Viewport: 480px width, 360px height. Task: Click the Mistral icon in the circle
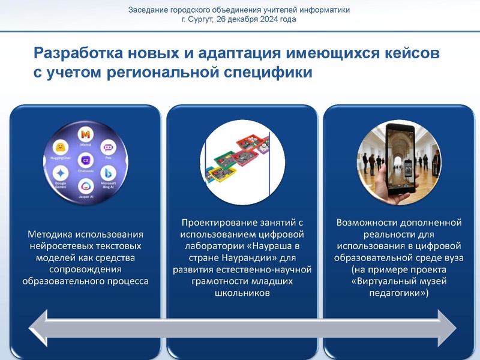point(85,134)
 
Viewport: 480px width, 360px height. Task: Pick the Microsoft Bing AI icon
point(109,172)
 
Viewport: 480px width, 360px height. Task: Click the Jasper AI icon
point(85,187)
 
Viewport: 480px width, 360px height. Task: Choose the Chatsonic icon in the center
point(85,160)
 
